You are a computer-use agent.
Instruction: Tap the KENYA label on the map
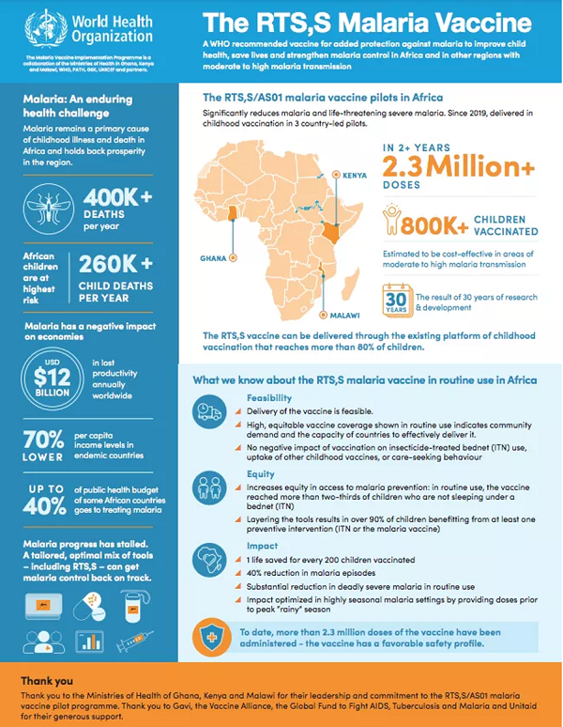(355, 175)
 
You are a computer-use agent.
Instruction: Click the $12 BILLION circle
(51, 381)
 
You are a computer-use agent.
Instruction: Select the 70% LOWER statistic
(44, 443)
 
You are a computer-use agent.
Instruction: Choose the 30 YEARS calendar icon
(395, 302)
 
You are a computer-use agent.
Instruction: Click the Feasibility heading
(269, 398)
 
